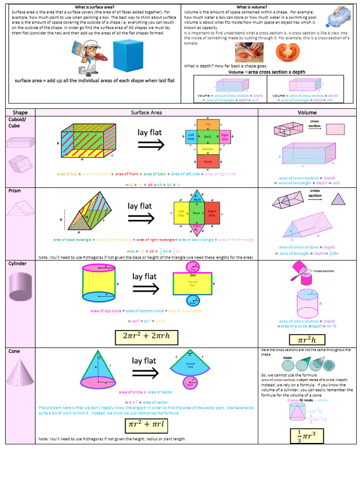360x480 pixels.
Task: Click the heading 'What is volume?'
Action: pos(252,7)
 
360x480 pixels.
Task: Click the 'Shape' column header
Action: pos(20,112)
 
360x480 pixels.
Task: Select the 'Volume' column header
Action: pos(307,112)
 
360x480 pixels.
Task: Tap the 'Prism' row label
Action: pos(15,191)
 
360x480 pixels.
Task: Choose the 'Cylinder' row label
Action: pos(17,263)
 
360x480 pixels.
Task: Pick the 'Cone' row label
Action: pos(14,351)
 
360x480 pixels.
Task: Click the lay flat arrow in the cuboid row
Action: pos(150,145)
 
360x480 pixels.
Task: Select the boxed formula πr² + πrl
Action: pos(147,425)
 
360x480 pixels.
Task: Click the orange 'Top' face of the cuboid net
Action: pos(208,125)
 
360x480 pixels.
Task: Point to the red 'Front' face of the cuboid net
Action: pos(208,162)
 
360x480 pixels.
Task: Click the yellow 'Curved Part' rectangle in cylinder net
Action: pos(192,283)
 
